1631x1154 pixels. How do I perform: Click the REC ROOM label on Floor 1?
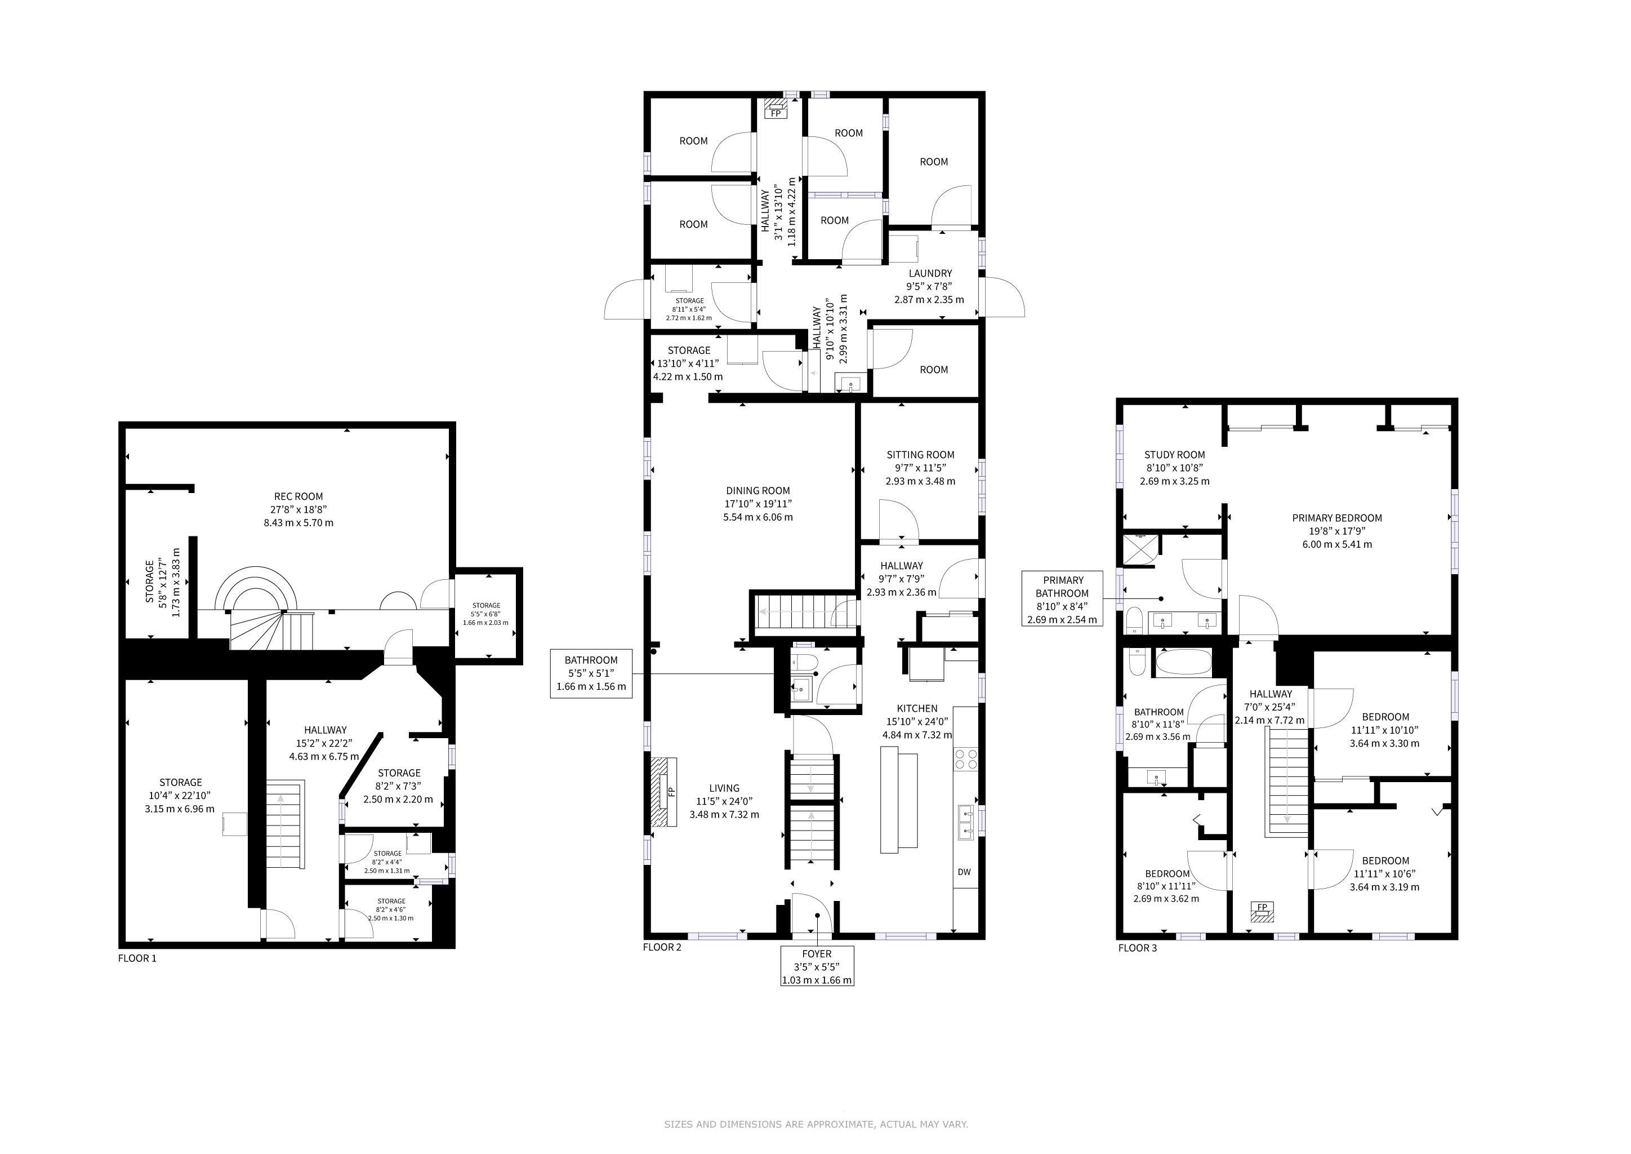(x=298, y=496)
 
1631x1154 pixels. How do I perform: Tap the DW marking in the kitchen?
(x=964, y=872)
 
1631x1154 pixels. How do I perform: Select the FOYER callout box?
(x=817, y=966)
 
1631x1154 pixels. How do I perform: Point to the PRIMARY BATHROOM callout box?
(x=1063, y=600)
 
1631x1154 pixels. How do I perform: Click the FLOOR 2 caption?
(x=662, y=947)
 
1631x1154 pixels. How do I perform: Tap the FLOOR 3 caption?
(x=1137, y=948)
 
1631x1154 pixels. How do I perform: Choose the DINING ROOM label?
(x=758, y=490)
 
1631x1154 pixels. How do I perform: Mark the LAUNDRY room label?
(x=930, y=273)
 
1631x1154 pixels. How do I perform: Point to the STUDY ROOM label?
(x=1174, y=455)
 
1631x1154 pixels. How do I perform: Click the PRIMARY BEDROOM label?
(x=1337, y=518)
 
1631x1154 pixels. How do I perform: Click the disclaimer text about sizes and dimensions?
(x=816, y=1124)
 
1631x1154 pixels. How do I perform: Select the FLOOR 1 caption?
(x=137, y=958)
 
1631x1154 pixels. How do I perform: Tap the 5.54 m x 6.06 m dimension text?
(x=758, y=517)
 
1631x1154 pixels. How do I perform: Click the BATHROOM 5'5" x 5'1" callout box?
(x=591, y=673)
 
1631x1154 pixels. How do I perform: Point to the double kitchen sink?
(x=966, y=822)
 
